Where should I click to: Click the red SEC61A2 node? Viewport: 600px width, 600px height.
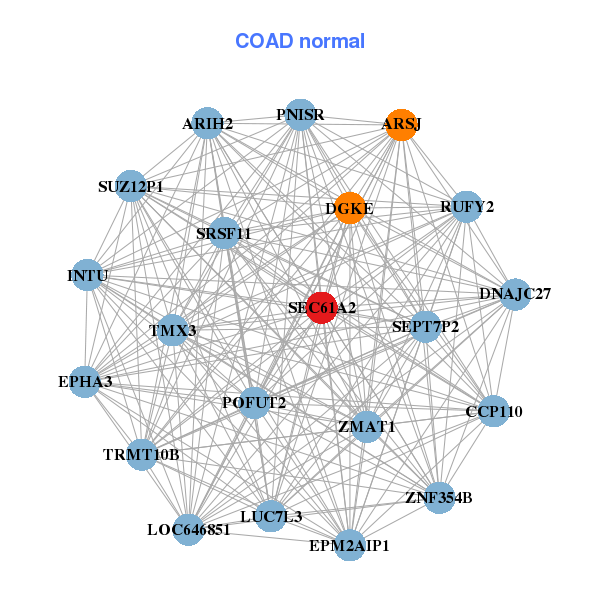(x=321, y=308)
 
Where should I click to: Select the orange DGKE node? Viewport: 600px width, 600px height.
(x=349, y=208)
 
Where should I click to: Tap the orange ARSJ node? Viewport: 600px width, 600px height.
(x=401, y=125)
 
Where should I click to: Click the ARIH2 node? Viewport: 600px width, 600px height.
(x=207, y=124)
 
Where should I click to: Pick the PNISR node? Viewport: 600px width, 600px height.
(x=300, y=115)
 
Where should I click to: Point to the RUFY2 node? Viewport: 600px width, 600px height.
(x=467, y=207)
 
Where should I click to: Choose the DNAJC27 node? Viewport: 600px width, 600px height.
(x=515, y=294)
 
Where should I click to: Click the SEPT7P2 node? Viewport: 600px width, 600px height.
(x=426, y=326)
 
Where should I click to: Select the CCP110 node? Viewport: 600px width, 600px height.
(x=494, y=411)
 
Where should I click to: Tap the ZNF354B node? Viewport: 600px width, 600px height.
(x=439, y=497)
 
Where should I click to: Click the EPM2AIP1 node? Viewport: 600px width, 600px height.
(x=349, y=545)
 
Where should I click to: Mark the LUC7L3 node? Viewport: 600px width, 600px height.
(x=271, y=516)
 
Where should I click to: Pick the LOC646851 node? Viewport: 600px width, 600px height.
(x=189, y=529)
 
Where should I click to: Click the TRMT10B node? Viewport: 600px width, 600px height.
(x=141, y=455)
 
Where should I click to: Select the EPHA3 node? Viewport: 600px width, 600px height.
(x=85, y=381)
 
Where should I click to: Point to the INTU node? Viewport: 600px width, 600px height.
(x=87, y=275)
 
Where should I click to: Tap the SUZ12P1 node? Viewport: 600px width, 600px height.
(x=131, y=186)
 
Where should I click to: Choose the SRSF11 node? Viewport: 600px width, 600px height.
(x=224, y=234)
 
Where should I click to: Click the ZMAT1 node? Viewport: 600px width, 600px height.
(x=366, y=426)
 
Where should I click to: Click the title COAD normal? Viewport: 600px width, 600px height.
(x=300, y=42)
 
